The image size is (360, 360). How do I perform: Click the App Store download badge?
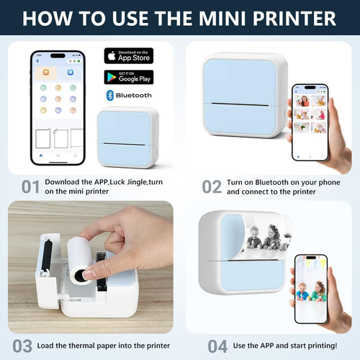pos(129,55)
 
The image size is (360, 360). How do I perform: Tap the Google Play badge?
pos(129,76)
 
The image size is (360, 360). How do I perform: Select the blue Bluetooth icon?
pos(109,95)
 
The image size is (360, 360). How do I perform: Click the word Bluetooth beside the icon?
pos(134,95)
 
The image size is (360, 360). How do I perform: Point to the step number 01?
pos(30,187)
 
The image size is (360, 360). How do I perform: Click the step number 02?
pos(211,187)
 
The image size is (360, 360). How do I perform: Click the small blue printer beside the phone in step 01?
pos(126,137)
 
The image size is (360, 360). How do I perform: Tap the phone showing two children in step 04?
pos(311,284)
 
